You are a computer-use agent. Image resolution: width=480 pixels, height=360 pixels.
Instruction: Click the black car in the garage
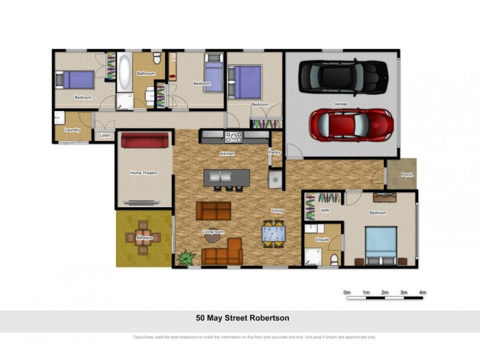[344, 76]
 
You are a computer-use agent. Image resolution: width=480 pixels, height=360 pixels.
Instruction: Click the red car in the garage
[351, 125]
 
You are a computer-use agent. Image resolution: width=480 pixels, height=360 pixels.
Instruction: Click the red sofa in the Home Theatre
[145, 140]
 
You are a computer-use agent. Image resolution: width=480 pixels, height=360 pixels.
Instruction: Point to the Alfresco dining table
[143, 234]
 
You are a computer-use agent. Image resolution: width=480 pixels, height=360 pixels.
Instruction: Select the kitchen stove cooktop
[233, 137]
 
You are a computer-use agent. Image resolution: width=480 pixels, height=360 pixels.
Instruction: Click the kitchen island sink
[220, 176]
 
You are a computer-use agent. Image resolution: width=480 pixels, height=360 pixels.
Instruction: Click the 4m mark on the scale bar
[422, 292]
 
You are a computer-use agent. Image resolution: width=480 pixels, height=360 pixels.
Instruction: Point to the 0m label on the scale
[347, 292]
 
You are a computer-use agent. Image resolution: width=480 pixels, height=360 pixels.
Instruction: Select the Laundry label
[72, 129]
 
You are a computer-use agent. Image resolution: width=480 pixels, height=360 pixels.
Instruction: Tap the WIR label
[325, 211]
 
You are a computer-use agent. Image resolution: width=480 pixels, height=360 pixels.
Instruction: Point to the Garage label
[340, 104]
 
